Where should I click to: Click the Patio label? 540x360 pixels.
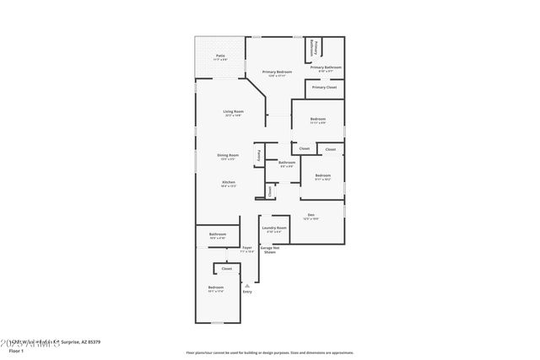coord(219,56)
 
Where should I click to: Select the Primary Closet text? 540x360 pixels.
coord(324,87)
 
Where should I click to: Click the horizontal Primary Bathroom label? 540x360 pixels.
coord(326,67)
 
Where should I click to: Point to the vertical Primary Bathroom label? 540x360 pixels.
coord(313,46)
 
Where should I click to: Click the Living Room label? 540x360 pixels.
coord(233,111)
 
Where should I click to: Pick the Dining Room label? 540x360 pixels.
coord(229,155)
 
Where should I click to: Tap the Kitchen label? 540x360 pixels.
coord(228,182)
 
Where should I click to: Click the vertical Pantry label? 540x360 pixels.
coord(259,155)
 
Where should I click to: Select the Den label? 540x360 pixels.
coord(310,214)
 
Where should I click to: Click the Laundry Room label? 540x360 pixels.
coord(274,228)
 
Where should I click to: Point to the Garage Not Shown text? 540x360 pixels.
coord(269,250)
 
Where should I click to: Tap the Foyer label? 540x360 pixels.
coord(246,248)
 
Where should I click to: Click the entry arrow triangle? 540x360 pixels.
coord(247,285)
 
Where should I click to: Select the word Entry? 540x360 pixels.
coord(247,292)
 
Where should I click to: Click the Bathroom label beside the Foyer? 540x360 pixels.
coord(217,234)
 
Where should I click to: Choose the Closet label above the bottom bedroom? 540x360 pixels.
coord(227,270)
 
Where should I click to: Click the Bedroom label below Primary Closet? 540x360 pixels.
coord(317,119)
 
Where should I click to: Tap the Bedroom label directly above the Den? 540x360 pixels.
coord(322,175)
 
